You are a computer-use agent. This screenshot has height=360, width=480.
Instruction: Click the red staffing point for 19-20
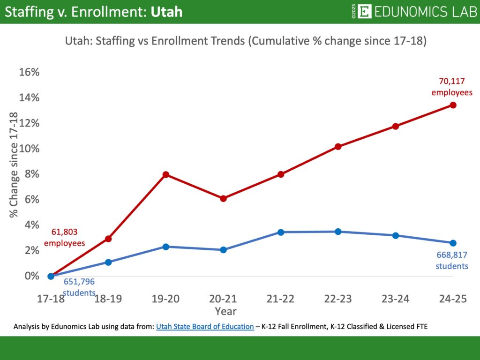[x=165, y=174]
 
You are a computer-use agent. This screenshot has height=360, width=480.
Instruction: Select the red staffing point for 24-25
[x=453, y=105]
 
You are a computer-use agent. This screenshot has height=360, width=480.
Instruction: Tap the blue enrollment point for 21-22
[x=281, y=232]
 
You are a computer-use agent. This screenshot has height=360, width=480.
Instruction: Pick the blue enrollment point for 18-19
[x=108, y=262]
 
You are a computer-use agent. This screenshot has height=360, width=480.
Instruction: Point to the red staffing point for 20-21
[x=223, y=198]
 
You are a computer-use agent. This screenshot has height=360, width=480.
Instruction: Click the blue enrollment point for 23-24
[x=396, y=235]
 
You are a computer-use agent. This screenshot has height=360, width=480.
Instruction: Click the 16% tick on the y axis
[x=29, y=72]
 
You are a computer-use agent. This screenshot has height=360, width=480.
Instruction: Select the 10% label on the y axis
[x=29, y=149]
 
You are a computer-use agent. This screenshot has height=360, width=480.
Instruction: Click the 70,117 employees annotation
[x=451, y=87]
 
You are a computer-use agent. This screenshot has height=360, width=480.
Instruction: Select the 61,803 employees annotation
[x=65, y=237]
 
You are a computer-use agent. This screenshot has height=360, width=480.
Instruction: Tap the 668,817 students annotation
[x=452, y=261]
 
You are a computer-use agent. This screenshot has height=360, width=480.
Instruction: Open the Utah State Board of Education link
[x=205, y=326]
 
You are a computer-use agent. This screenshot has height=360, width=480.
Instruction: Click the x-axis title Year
[x=225, y=311]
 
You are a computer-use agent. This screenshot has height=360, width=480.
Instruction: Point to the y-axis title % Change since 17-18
[x=14, y=165]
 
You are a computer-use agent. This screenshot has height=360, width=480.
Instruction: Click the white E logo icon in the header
[x=364, y=11]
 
